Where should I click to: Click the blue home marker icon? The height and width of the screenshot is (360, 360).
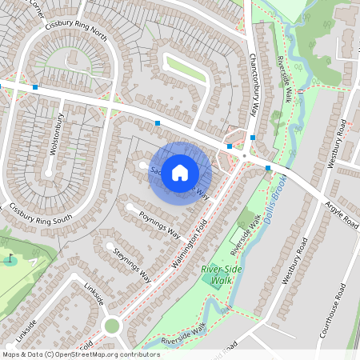point(180,173)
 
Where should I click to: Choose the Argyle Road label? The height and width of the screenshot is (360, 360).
point(341,216)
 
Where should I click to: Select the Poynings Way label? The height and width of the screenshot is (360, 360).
point(160,225)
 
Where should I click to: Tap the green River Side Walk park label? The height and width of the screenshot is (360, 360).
point(217,274)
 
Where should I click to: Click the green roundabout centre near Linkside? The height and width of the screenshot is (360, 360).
point(111,326)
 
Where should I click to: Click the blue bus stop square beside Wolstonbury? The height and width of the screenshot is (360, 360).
point(36,86)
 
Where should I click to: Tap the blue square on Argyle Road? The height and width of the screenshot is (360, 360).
point(267,168)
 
